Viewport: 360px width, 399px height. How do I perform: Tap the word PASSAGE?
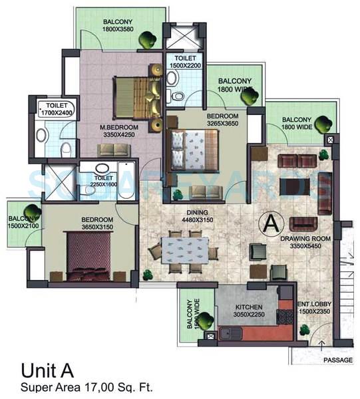click(337, 360)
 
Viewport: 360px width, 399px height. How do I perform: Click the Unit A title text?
click(48, 370)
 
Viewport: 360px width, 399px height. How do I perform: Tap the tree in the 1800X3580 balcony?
click(146, 40)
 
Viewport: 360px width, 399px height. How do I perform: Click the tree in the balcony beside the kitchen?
click(205, 321)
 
